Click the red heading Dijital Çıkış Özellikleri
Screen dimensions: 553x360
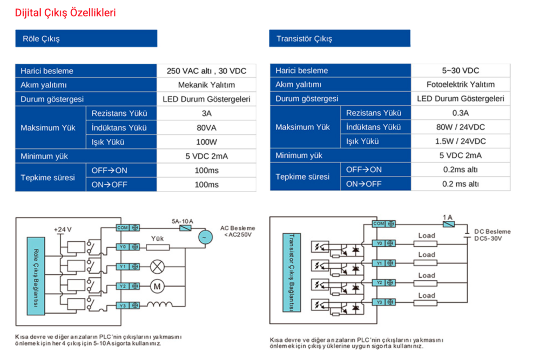65,13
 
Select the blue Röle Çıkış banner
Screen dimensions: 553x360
86,38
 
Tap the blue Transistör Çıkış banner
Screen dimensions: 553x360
340,38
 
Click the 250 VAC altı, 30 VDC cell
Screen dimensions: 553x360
206,71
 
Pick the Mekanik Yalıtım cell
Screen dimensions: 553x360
206,85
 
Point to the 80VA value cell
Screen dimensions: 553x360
206,127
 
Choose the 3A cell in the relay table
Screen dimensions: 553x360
206,113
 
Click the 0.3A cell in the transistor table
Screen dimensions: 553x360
461,113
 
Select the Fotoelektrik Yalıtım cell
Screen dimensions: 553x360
461,84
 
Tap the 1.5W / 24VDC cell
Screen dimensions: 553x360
461,141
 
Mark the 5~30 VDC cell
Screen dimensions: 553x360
461,71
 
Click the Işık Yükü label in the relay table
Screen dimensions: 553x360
108,142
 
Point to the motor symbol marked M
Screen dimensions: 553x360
157,286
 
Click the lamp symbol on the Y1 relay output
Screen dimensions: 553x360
157,267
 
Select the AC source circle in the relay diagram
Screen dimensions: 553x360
205,237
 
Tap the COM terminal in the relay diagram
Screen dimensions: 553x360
128,228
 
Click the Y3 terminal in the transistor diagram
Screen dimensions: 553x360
384,302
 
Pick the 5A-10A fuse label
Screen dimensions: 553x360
183,221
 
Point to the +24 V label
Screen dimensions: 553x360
63,229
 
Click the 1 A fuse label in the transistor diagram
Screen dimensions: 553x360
448,217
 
